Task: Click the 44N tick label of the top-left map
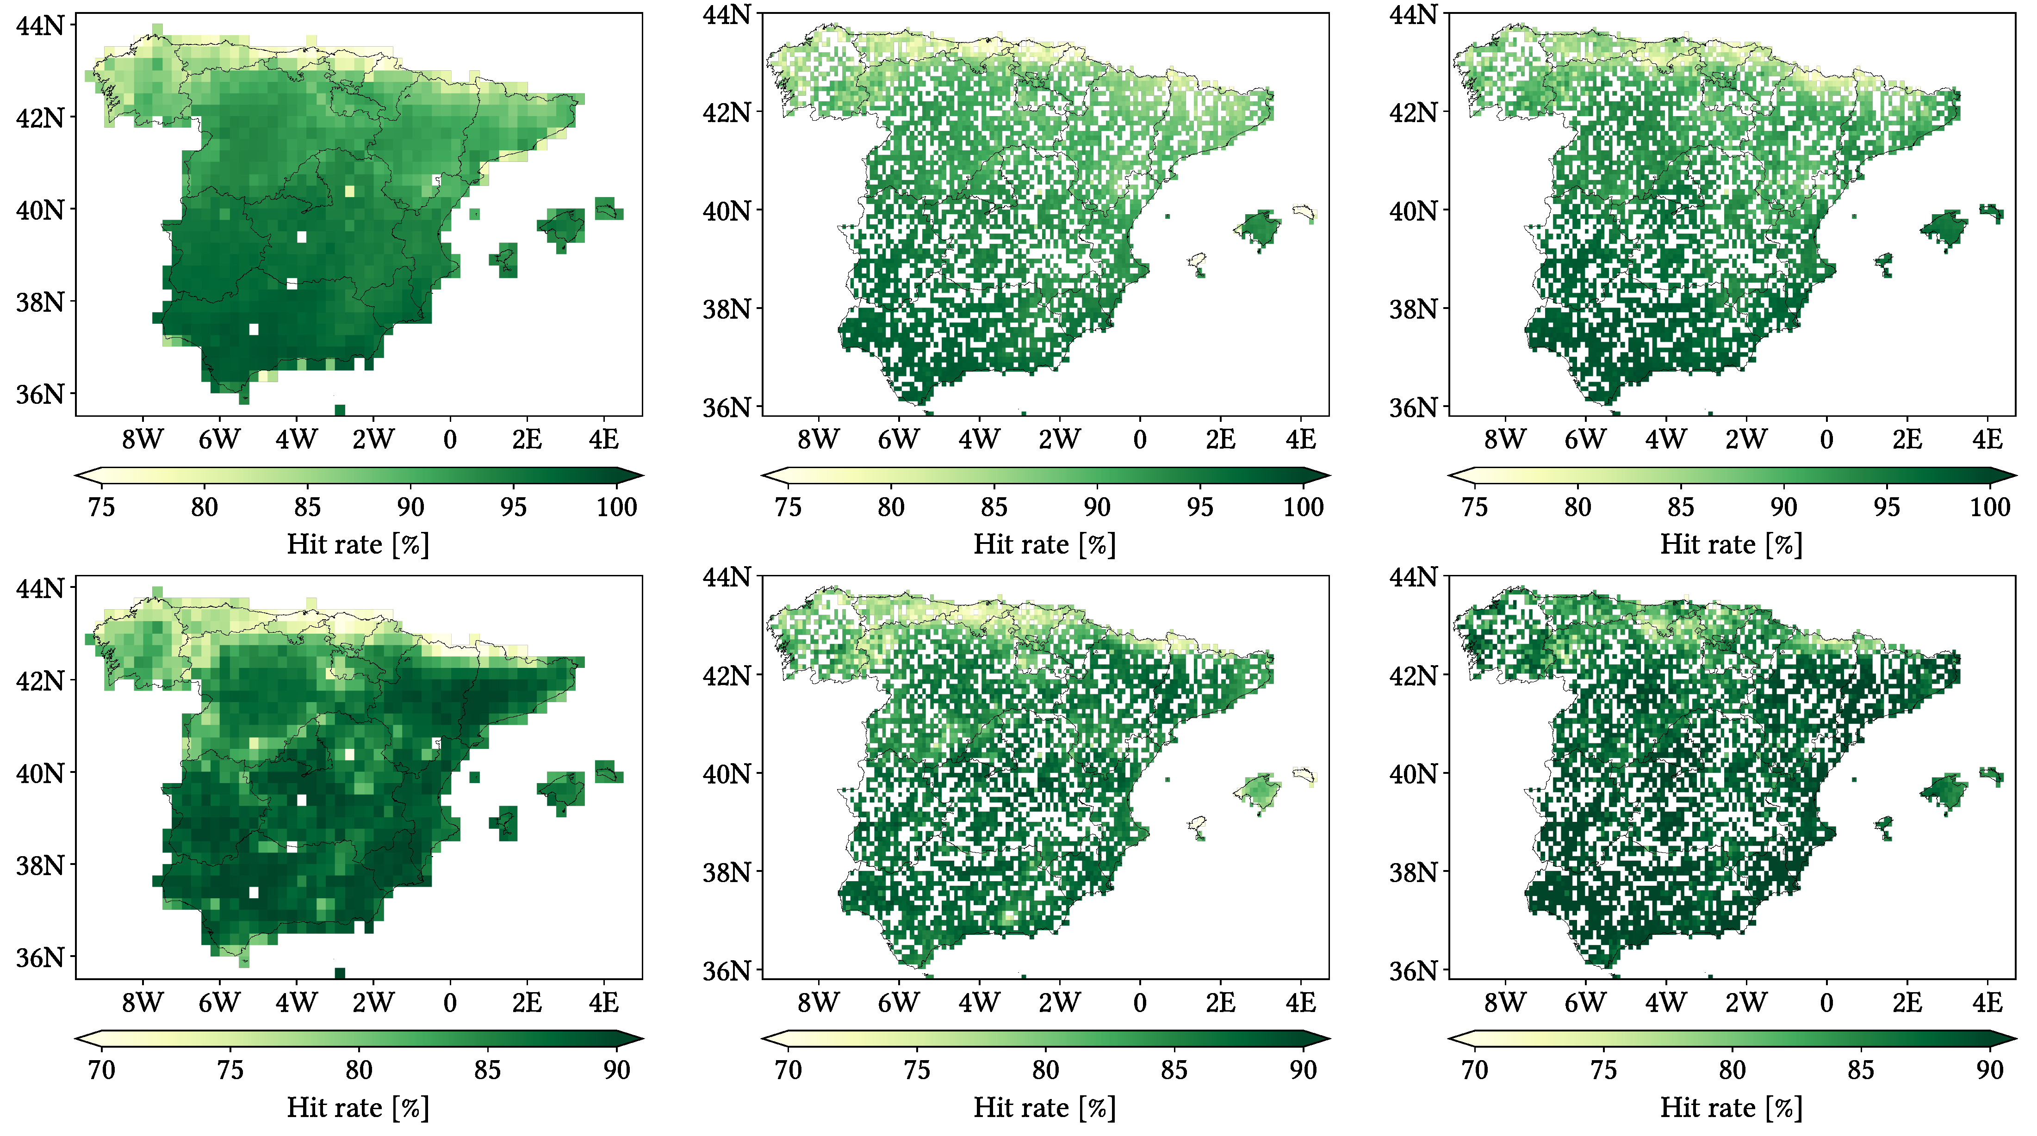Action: pos(39,26)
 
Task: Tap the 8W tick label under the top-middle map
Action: pos(818,439)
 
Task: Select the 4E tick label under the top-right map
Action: pos(1987,439)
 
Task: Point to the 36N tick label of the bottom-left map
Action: pos(39,957)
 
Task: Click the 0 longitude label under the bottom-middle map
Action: pos(1139,1003)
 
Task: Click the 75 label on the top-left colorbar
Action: pos(101,507)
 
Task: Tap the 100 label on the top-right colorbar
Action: pos(1989,507)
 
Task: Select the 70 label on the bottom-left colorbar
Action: pos(101,1070)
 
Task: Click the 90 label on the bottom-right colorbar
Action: pos(1989,1070)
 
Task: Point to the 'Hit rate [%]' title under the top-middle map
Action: pos(1044,545)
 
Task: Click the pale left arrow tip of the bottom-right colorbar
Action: pos(1457,1039)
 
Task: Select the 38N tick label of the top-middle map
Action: pos(727,309)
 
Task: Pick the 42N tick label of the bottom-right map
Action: pos(1413,676)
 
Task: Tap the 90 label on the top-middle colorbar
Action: pos(1097,507)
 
